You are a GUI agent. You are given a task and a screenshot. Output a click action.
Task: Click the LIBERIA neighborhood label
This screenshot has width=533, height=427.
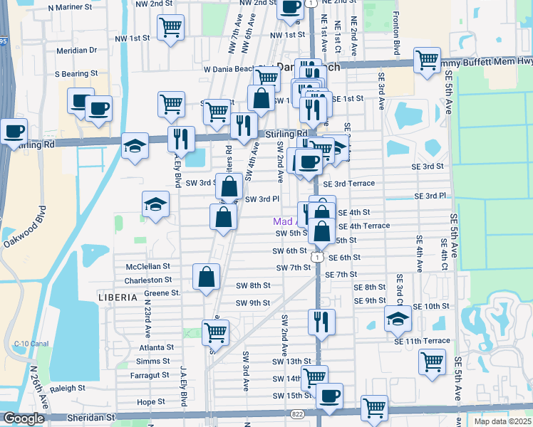tap(116, 294)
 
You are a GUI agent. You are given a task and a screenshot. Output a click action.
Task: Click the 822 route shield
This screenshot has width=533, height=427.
tap(296, 413)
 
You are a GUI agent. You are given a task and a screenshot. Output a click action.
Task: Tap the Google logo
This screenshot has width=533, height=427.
tap(24, 418)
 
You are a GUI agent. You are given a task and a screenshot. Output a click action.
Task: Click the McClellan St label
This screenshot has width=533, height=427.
tap(148, 266)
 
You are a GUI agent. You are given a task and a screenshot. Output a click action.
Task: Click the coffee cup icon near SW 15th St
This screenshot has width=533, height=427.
tap(328, 396)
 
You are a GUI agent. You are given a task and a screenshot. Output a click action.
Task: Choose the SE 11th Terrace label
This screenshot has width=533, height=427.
tap(422, 341)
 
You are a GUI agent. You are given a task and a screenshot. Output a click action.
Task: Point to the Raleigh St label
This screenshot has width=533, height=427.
tap(68, 389)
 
